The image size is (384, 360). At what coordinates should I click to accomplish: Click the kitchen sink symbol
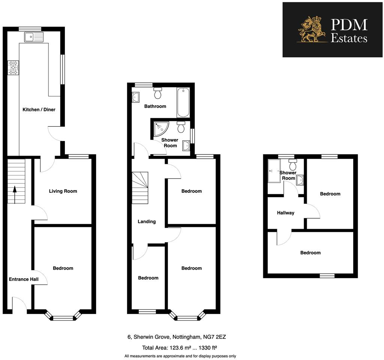tap(34, 37)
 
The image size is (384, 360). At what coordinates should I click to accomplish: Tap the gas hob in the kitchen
tap(13, 67)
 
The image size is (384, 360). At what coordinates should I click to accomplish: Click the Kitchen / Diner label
tap(39, 109)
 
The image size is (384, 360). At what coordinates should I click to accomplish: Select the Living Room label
tap(63, 191)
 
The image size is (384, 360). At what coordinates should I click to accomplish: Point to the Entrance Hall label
tap(24, 279)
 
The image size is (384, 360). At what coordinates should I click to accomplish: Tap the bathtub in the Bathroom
tap(183, 102)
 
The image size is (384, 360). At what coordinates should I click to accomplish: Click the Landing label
tap(147, 222)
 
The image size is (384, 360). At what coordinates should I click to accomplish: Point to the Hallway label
tap(286, 213)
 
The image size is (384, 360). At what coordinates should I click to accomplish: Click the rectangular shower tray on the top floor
tap(274, 171)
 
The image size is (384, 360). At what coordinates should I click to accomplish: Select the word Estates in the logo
tap(349, 38)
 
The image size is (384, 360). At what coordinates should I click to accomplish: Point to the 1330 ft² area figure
tap(208, 347)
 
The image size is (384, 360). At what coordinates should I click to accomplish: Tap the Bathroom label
tap(155, 106)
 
